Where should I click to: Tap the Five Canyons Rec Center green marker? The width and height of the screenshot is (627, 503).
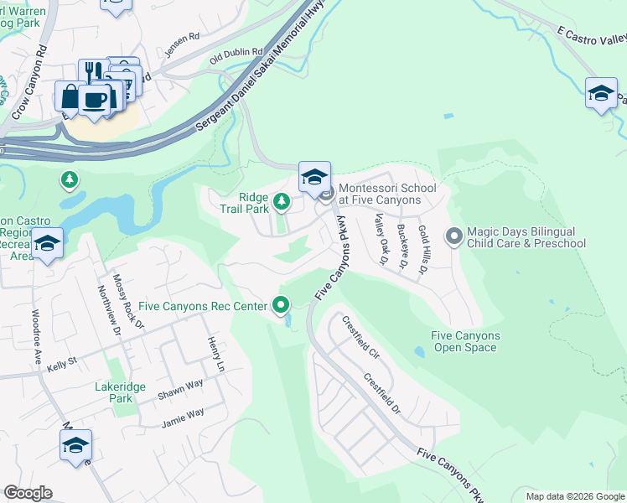coord(282,305)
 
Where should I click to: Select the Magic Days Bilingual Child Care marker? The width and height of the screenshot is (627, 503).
coord(454,237)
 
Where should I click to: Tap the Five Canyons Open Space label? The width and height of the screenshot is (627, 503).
coord(465,341)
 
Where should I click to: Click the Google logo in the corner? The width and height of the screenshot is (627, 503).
coord(28,493)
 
